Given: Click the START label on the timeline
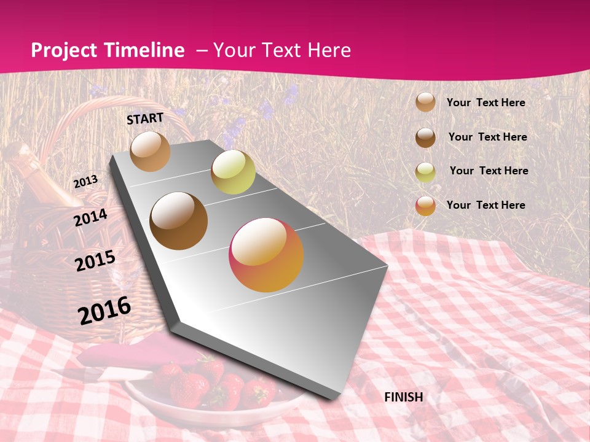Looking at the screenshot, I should [145, 118].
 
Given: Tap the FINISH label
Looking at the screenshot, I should [403, 397].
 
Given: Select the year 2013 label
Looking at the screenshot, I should [85, 182].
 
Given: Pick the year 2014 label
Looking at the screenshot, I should [90, 218].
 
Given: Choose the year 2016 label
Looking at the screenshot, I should [104, 311].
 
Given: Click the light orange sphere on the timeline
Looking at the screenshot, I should [150, 151].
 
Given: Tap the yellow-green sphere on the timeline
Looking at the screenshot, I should [233, 172].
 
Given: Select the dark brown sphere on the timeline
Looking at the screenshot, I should [178, 221].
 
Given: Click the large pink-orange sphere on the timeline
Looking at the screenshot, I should [266, 255].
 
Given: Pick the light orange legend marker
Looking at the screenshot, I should [425, 103].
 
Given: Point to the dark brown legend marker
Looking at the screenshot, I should [425, 137].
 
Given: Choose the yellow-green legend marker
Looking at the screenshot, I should [425, 171].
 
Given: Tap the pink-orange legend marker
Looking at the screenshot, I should [425, 206].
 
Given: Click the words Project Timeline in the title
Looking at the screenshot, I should [108, 50].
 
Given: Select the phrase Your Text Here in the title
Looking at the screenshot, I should [282, 50].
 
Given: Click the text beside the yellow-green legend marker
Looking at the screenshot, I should [489, 171].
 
